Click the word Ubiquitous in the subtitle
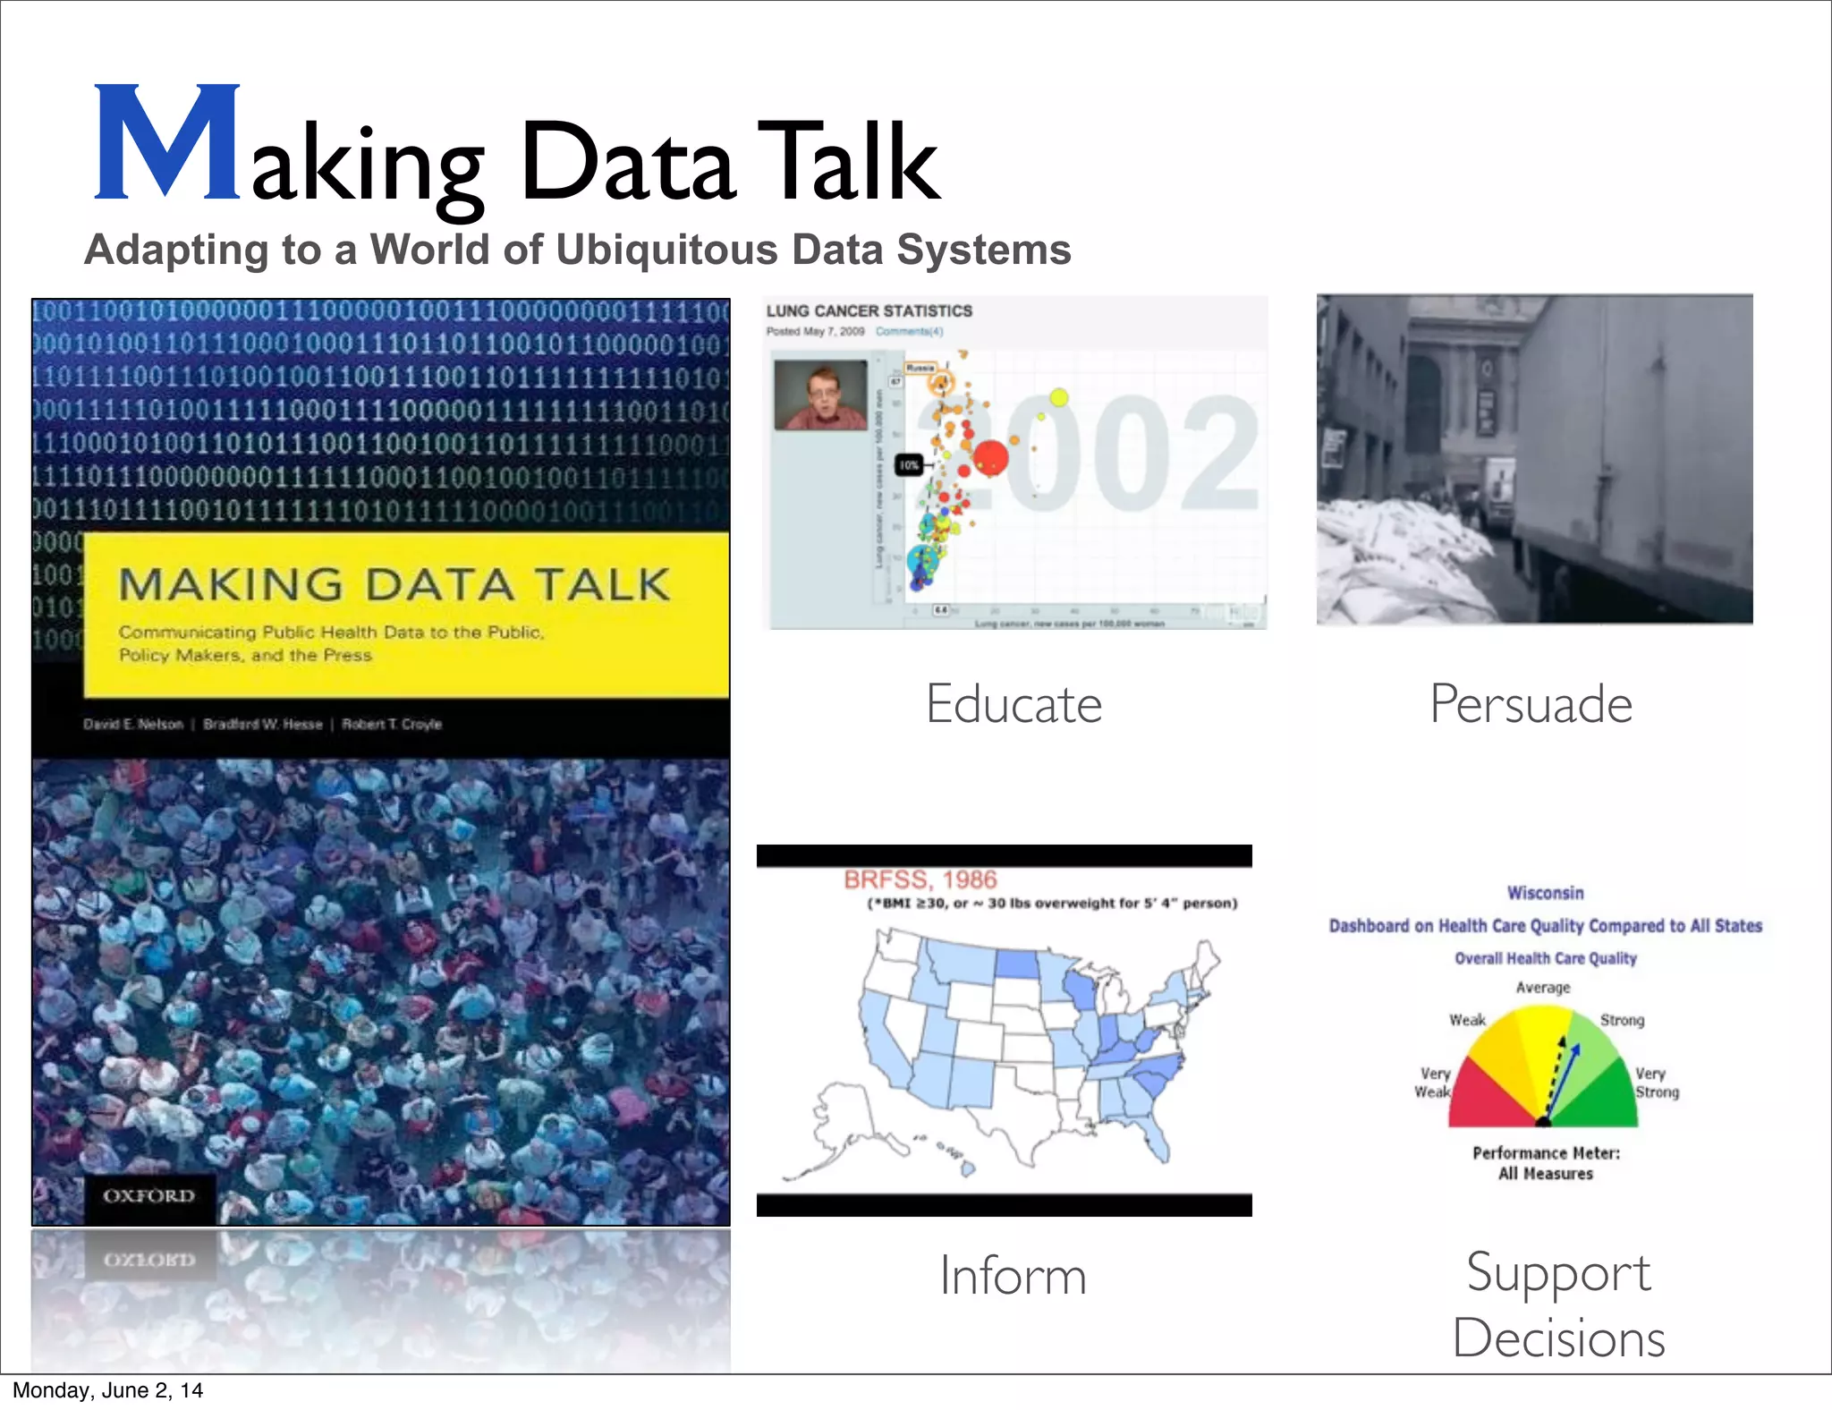(x=667, y=250)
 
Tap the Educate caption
(x=1014, y=704)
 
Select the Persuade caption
(x=1531, y=704)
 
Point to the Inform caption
(x=1013, y=1276)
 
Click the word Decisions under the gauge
(x=1558, y=1338)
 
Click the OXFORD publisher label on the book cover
(x=148, y=1196)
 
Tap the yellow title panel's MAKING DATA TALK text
(x=394, y=585)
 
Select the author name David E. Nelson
(x=133, y=724)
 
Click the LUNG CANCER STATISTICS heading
(x=869, y=311)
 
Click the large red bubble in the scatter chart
(x=989, y=458)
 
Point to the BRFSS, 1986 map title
(x=920, y=879)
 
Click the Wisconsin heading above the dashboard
(x=1545, y=893)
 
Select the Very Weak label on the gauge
(x=1434, y=1083)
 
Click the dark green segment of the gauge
(x=1607, y=1096)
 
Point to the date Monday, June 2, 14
(x=108, y=1390)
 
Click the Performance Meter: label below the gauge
(x=1546, y=1153)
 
